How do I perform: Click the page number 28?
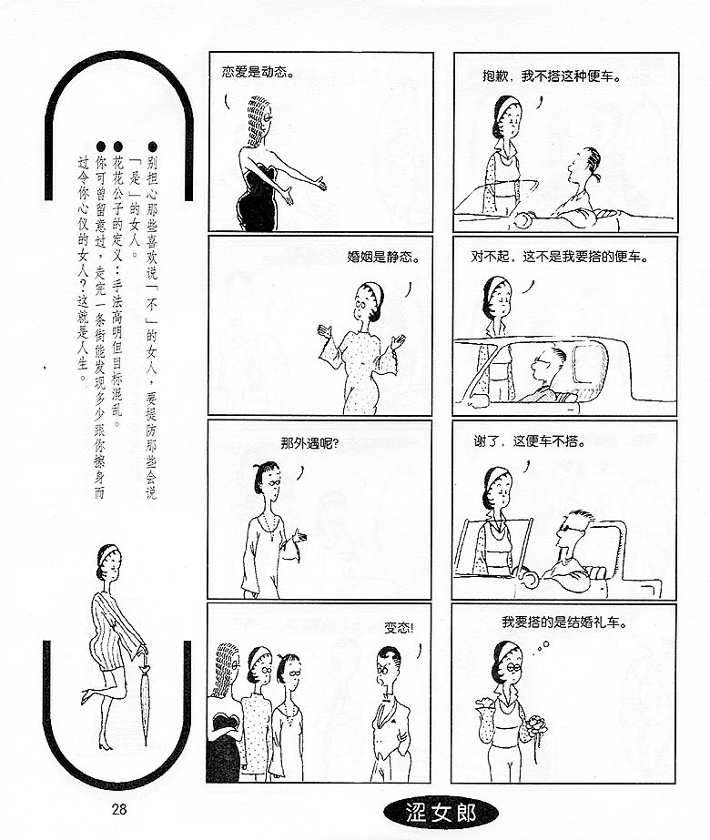coord(119,808)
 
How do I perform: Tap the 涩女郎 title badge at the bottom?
coord(441,813)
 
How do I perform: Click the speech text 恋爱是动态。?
coord(258,72)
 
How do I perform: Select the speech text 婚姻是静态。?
coord(383,257)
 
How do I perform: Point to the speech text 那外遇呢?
coord(309,443)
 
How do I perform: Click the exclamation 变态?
coord(399,627)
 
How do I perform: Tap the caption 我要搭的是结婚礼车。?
coord(564,622)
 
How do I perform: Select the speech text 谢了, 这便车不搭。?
coord(530,441)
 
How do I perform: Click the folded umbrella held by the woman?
coord(145,698)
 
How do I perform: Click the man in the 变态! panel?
coord(390,713)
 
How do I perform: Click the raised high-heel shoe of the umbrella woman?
coord(86,696)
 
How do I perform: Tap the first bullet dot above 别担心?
coord(152,147)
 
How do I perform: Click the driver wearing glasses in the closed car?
coord(547,375)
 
